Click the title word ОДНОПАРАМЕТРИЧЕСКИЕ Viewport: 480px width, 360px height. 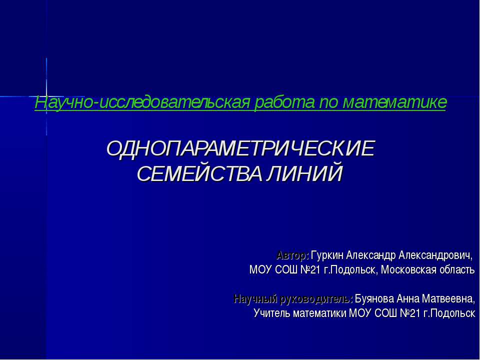click(x=240, y=148)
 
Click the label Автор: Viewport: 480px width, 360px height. click(x=292, y=256)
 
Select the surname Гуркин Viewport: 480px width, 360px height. click(x=327, y=256)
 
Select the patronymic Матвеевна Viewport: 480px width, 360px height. click(x=449, y=299)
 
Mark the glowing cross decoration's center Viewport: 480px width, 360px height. click(x=46, y=96)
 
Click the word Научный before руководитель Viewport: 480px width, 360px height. click(x=253, y=299)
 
